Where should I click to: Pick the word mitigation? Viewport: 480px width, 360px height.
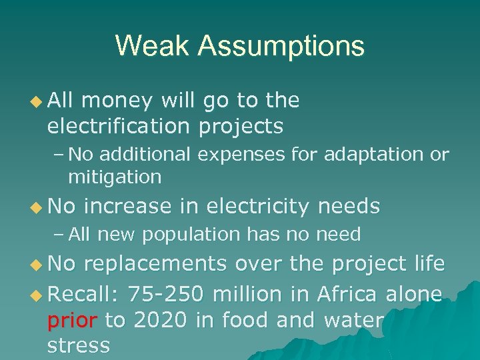click(x=115, y=177)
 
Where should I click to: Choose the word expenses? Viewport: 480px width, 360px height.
click(x=245, y=155)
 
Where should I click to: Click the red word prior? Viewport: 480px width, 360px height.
click(x=71, y=321)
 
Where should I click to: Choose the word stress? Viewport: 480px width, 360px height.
click(x=78, y=345)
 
